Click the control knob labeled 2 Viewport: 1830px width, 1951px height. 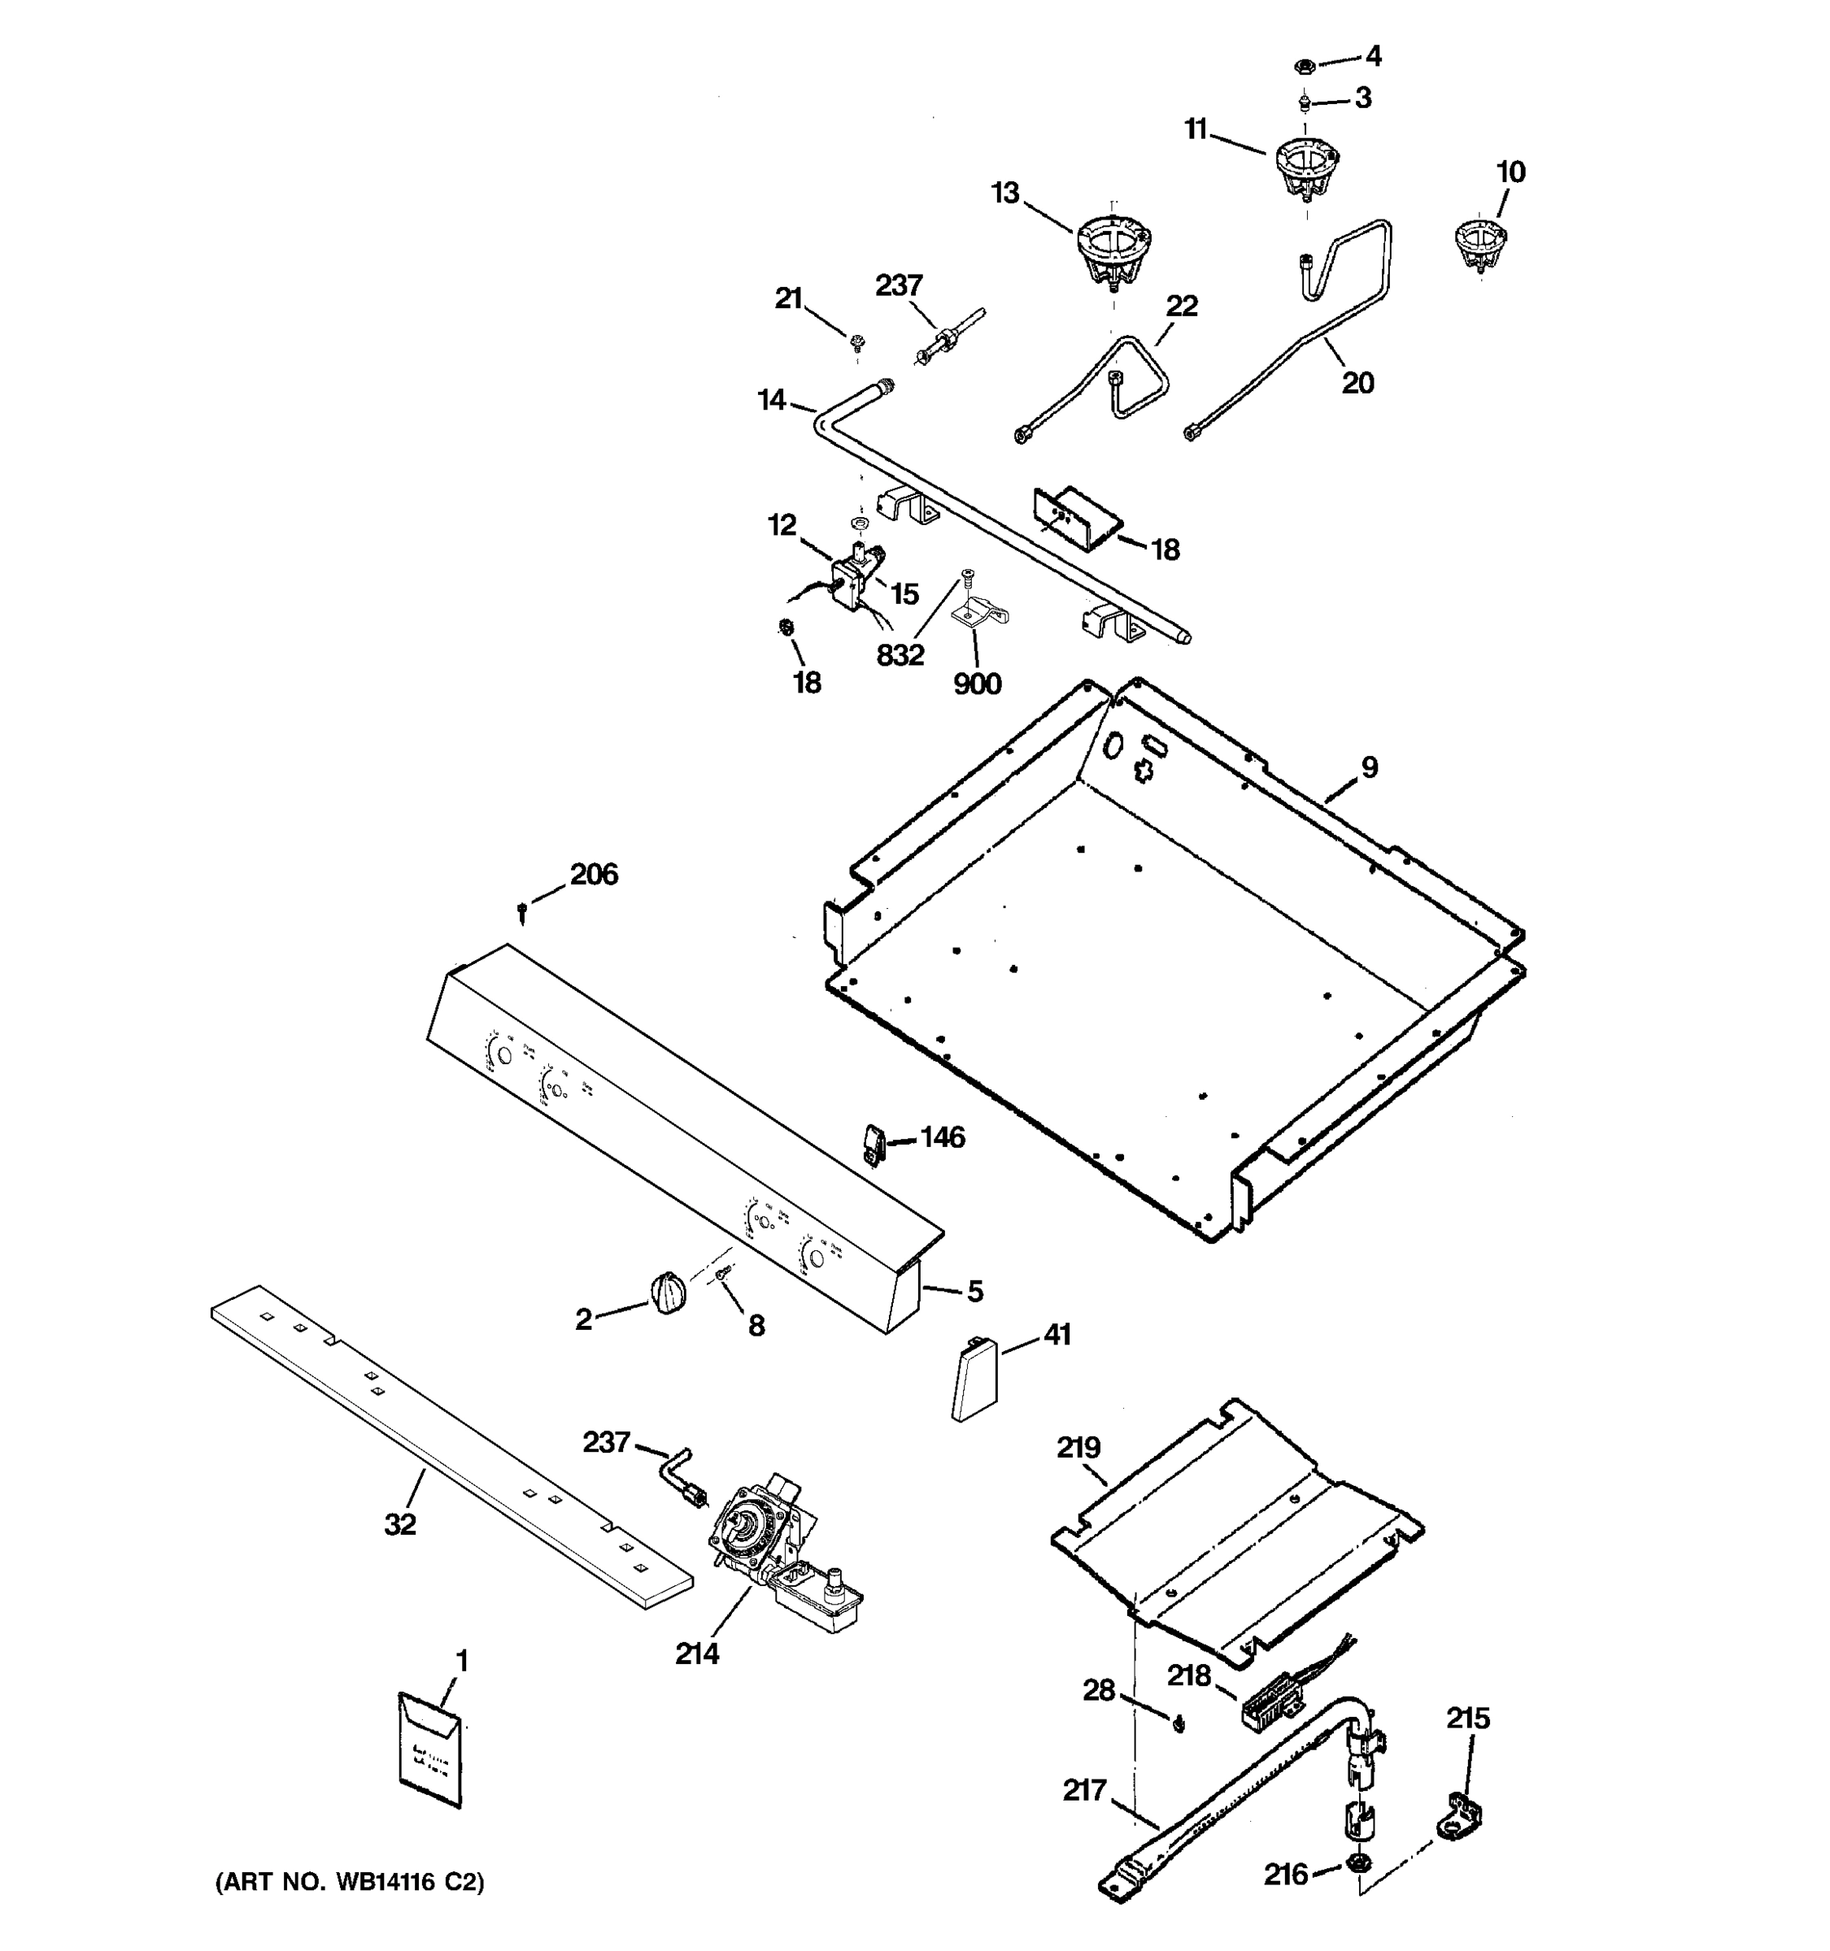pos(668,1291)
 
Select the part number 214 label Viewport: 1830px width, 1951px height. pos(697,1653)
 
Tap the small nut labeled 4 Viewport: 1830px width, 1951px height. pos(1305,67)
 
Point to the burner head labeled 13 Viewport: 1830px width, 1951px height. pos(1113,247)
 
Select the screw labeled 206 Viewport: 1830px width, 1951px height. pos(523,913)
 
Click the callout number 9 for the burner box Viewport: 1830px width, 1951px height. pos(1369,767)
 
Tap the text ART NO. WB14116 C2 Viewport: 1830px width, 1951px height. pos(350,1882)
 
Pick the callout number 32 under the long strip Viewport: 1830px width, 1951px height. pos(400,1524)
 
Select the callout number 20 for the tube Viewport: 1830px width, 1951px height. pos(1357,383)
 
